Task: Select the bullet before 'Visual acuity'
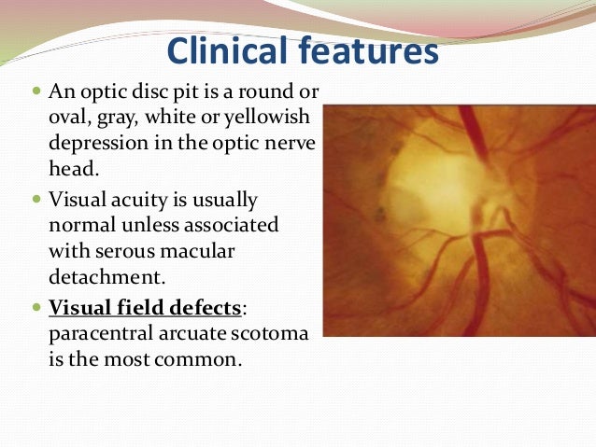click(x=36, y=200)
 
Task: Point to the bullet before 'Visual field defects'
click(x=36, y=307)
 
